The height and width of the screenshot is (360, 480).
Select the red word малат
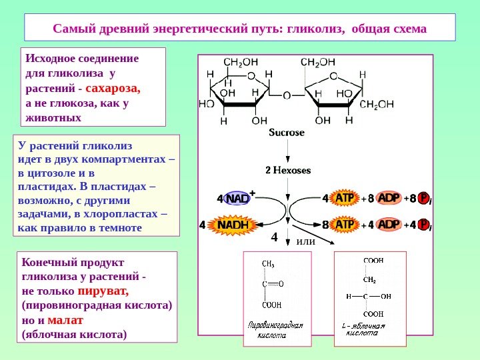(x=65, y=319)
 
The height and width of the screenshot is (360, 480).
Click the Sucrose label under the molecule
(x=287, y=132)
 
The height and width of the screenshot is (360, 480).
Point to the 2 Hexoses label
(x=288, y=170)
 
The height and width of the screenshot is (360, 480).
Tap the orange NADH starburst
(x=231, y=225)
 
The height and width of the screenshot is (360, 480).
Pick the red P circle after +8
(x=423, y=198)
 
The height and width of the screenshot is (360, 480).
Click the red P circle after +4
(x=423, y=225)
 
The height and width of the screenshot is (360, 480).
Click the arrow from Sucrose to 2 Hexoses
(x=287, y=151)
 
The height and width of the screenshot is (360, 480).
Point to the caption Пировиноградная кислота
(x=275, y=330)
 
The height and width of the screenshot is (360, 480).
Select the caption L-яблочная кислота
(x=363, y=329)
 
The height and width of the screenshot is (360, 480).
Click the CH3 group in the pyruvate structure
(x=268, y=264)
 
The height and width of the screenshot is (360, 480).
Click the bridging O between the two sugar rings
(x=287, y=95)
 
